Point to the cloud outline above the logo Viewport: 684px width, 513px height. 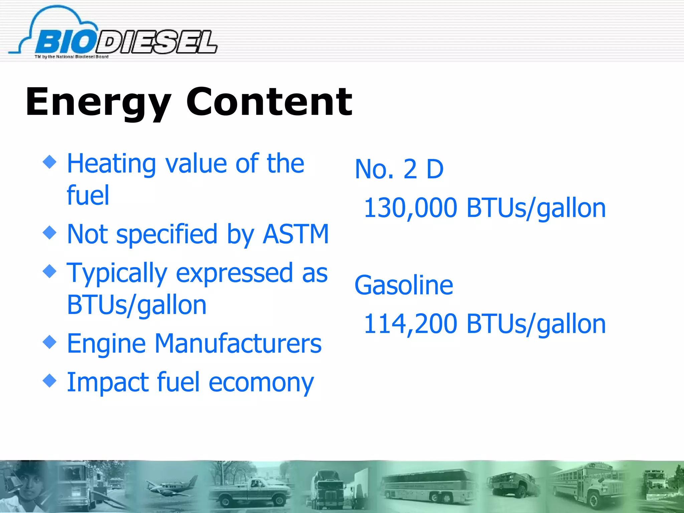click(57, 15)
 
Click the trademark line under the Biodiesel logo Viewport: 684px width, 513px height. click(71, 57)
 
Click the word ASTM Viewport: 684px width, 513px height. click(296, 234)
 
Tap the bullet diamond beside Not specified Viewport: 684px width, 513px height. click(50, 232)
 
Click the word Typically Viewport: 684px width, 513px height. click(117, 273)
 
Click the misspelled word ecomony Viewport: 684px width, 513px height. click(261, 382)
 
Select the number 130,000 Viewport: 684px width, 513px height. click(410, 208)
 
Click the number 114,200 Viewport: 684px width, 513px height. click(410, 324)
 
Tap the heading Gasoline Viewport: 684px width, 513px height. click(404, 285)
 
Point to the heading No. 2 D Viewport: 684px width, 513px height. click(399, 169)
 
